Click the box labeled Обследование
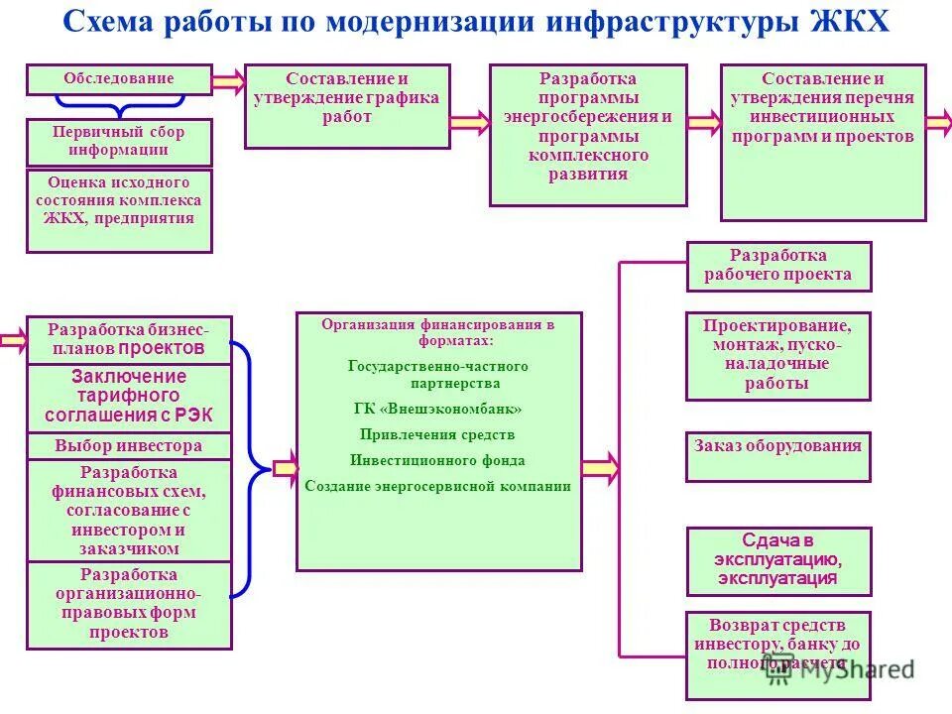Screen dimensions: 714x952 [118, 79]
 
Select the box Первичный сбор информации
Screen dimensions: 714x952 [118, 142]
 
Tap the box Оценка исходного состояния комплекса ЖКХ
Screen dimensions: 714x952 [118, 210]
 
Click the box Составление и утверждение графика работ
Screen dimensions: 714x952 [347, 106]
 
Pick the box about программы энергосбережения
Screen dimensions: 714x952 [588, 135]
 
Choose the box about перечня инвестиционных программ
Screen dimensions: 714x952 [823, 142]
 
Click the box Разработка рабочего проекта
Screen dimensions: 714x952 [778, 266]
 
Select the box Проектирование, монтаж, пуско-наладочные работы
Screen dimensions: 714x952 [778, 356]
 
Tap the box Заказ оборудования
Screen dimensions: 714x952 [778, 456]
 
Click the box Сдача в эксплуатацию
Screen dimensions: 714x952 [778, 560]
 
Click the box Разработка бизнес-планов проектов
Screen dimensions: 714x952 [128, 339]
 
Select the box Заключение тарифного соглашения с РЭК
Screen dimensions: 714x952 [128, 397]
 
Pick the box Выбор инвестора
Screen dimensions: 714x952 [128, 446]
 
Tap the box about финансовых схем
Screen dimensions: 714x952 [128, 511]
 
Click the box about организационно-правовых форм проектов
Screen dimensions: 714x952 [128, 605]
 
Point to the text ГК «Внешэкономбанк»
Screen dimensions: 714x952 [437, 409]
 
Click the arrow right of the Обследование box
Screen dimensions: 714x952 [227, 80]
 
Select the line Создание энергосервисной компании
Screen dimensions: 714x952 [437, 486]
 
